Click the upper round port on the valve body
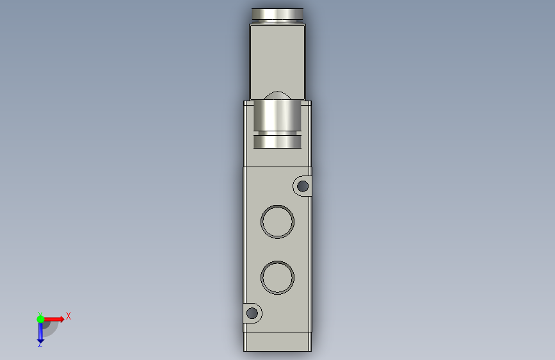(278, 222)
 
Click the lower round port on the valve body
(278, 277)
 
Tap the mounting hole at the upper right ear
(303, 186)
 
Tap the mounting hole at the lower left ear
(252, 313)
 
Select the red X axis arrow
(54, 318)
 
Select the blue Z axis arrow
(40, 331)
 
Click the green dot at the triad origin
(40, 318)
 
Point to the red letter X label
(68, 316)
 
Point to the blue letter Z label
(40, 345)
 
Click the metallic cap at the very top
(278, 14)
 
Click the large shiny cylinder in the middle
(278, 116)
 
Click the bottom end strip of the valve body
(278, 341)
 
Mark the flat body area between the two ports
(278, 250)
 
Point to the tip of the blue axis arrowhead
(40, 339)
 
